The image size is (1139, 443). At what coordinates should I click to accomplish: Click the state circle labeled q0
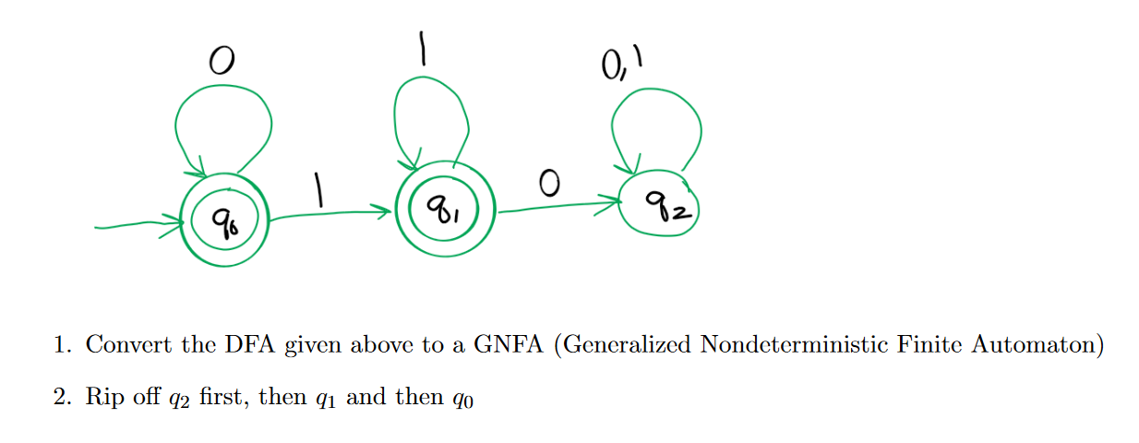[x=224, y=221]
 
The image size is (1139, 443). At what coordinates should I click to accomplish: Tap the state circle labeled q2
[x=659, y=204]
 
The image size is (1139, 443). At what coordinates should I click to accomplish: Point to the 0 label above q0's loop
[x=220, y=62]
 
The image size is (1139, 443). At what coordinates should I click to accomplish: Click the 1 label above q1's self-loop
[x=422, y=49]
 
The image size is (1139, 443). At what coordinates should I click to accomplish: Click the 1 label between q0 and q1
[x=319, y=191]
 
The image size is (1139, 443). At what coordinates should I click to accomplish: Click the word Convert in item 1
[x=123, y=345]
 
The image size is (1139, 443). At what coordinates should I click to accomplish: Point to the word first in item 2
[x=222, y=398]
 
